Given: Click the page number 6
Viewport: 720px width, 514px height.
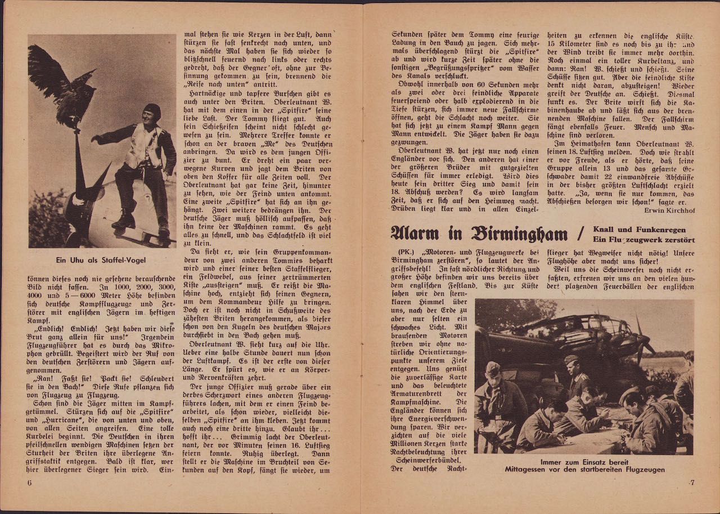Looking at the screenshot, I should tap(29, 482).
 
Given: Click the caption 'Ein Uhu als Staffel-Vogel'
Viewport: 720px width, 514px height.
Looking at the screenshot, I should tap(102, 261).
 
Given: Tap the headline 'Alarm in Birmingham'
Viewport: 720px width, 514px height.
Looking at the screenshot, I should tap(480, 232).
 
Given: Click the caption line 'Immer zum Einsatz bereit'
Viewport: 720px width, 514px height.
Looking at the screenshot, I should tap(584, 462).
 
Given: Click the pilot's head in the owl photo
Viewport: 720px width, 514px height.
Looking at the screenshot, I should tap(151, 111).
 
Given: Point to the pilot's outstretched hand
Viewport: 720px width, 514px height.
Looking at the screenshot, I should tap(95, 138).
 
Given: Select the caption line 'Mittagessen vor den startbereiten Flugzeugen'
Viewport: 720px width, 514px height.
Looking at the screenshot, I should tap(584, 470).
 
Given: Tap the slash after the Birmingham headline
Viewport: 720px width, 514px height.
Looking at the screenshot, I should tap(586, 231).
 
